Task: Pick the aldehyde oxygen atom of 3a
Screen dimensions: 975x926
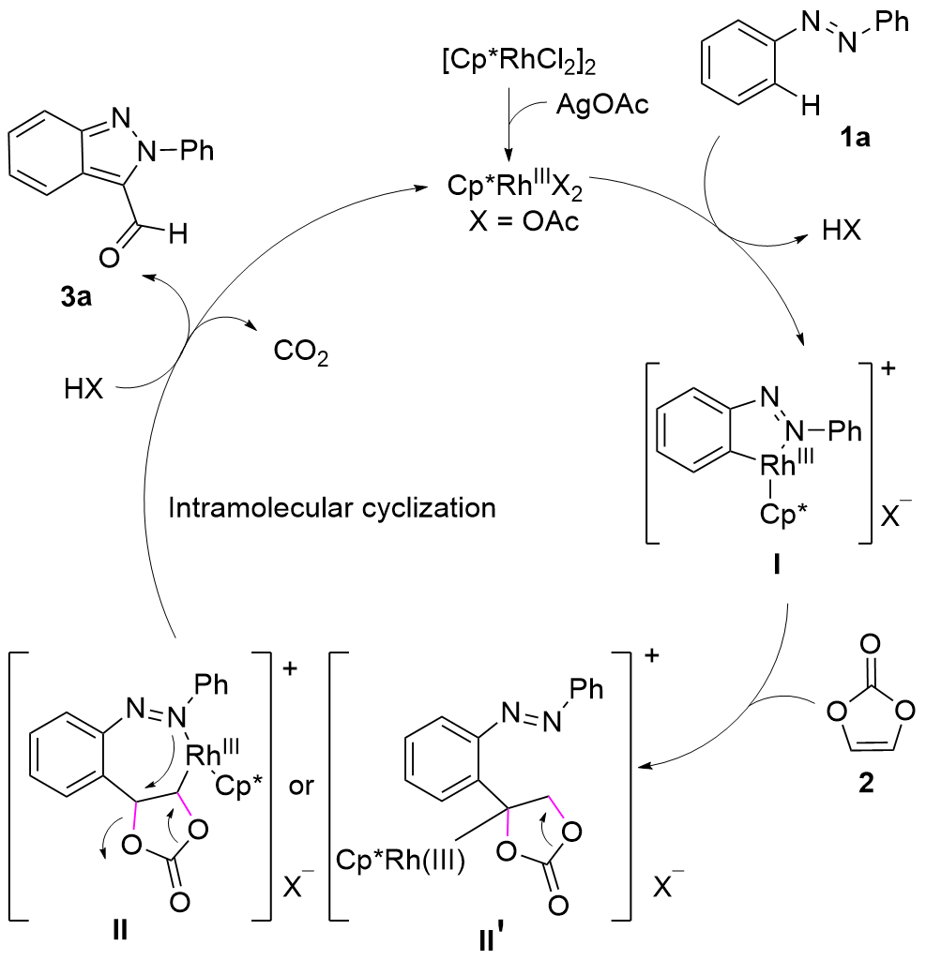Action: [x=110, y=256]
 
